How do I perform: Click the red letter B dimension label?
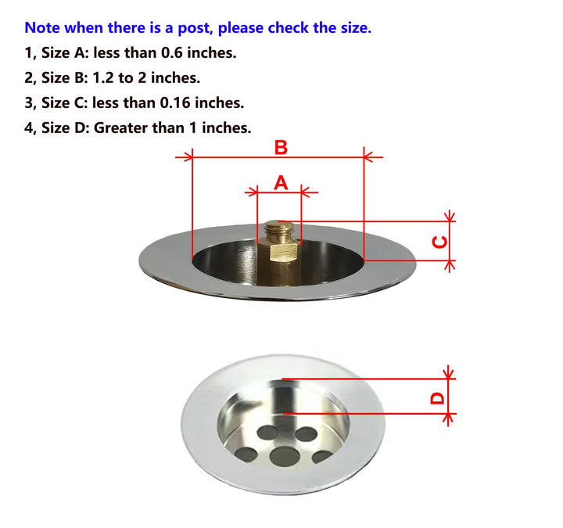281,148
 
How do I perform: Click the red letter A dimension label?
281,182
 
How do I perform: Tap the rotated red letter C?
439,242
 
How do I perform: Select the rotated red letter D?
437,398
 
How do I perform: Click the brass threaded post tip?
279,228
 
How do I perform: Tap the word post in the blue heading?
196,28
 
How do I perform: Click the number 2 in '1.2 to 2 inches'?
142,77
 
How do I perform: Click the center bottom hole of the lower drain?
285,455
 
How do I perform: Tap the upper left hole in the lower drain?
268,432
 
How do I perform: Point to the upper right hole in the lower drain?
306,434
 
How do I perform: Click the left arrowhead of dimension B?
188,157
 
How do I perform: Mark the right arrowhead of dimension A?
306,192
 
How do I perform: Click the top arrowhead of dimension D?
448,374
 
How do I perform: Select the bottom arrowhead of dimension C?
450,265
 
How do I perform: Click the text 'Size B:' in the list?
65,77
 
